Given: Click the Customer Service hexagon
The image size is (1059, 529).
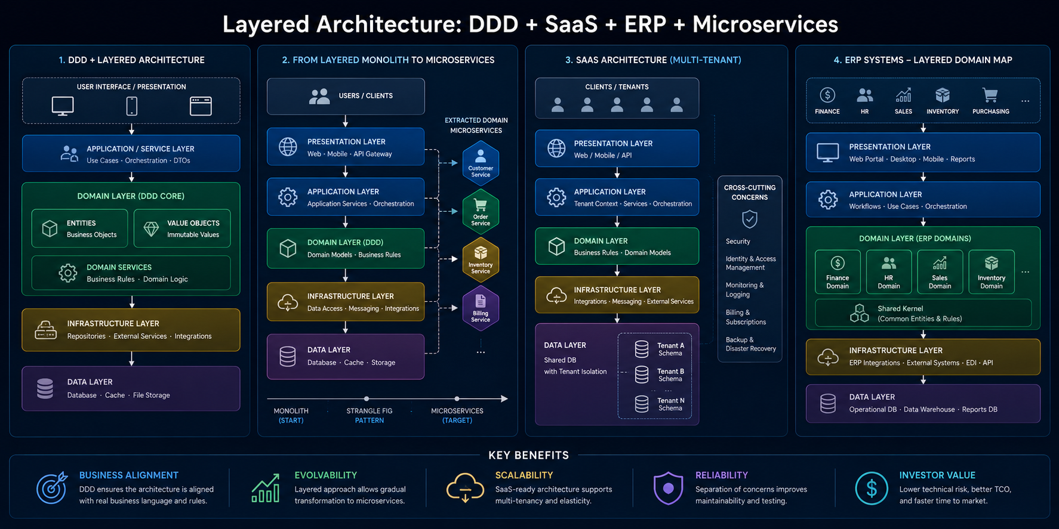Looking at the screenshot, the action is (x=481, y=163).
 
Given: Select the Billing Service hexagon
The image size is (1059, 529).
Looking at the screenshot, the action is (x=481, y=308).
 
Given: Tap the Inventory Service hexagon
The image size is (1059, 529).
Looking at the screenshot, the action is (x=481, y=259).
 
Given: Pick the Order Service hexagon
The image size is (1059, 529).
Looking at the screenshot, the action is (x=481, y=211).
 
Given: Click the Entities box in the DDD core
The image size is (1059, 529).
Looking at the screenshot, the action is (x=79, y=228).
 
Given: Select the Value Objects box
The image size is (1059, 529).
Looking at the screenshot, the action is (x=182, y=228).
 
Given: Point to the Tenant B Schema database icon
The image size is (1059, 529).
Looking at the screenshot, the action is (x=642, y=375).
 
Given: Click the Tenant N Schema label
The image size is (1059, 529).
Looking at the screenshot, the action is (x=670, y=404).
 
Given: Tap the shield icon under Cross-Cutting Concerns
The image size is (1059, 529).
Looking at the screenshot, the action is (x=750, y=219).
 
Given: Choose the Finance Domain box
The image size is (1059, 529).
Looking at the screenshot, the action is (x=838, y=272).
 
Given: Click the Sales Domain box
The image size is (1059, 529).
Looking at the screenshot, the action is (x=940, y=272).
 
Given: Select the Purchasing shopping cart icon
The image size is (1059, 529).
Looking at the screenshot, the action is (x=990, y=95).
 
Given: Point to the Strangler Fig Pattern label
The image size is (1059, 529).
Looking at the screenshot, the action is (x=370, y=416).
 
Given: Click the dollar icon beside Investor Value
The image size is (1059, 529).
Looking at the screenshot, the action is (x=872, y=488).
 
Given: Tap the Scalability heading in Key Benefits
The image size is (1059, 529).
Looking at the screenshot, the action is (x=524, y=475).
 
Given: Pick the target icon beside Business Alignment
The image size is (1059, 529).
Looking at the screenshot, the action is (x=52, y=488).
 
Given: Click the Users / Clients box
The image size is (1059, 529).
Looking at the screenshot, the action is (x=346, y=96).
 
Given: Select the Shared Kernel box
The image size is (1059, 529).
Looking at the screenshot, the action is (x=923, y=313).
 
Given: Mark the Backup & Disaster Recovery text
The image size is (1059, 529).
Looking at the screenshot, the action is (x=750, y=344).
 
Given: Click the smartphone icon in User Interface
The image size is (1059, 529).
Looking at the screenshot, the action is (x=132, y=106).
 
